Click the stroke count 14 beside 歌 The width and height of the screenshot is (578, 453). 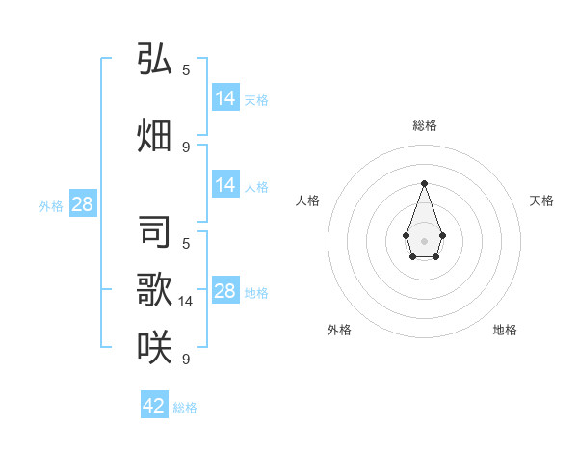[x=187, y=302]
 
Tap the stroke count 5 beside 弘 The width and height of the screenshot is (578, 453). [x=186, y=70]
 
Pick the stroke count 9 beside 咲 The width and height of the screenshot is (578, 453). [x=186, y=360]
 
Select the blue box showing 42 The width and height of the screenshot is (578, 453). [x=154, y=406]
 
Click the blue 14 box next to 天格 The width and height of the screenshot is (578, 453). [x=225, y=98]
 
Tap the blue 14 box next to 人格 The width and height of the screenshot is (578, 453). [x=225, y=185]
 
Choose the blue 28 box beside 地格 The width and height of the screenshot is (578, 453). [x=225, y=291]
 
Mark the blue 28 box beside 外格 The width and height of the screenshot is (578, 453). [x=83, y=204]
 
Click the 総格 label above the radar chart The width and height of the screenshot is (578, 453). [x=424, y=125]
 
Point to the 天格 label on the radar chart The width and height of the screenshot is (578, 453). [x=541, y=200]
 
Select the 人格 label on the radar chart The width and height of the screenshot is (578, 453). [x=307, y=200]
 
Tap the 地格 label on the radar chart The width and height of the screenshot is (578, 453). [x=505, y=330]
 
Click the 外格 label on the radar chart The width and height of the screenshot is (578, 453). [x=339, y=330]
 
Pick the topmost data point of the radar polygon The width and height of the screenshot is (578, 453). [x=424, y=182]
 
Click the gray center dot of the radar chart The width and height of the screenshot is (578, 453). [x=424, y=240]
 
